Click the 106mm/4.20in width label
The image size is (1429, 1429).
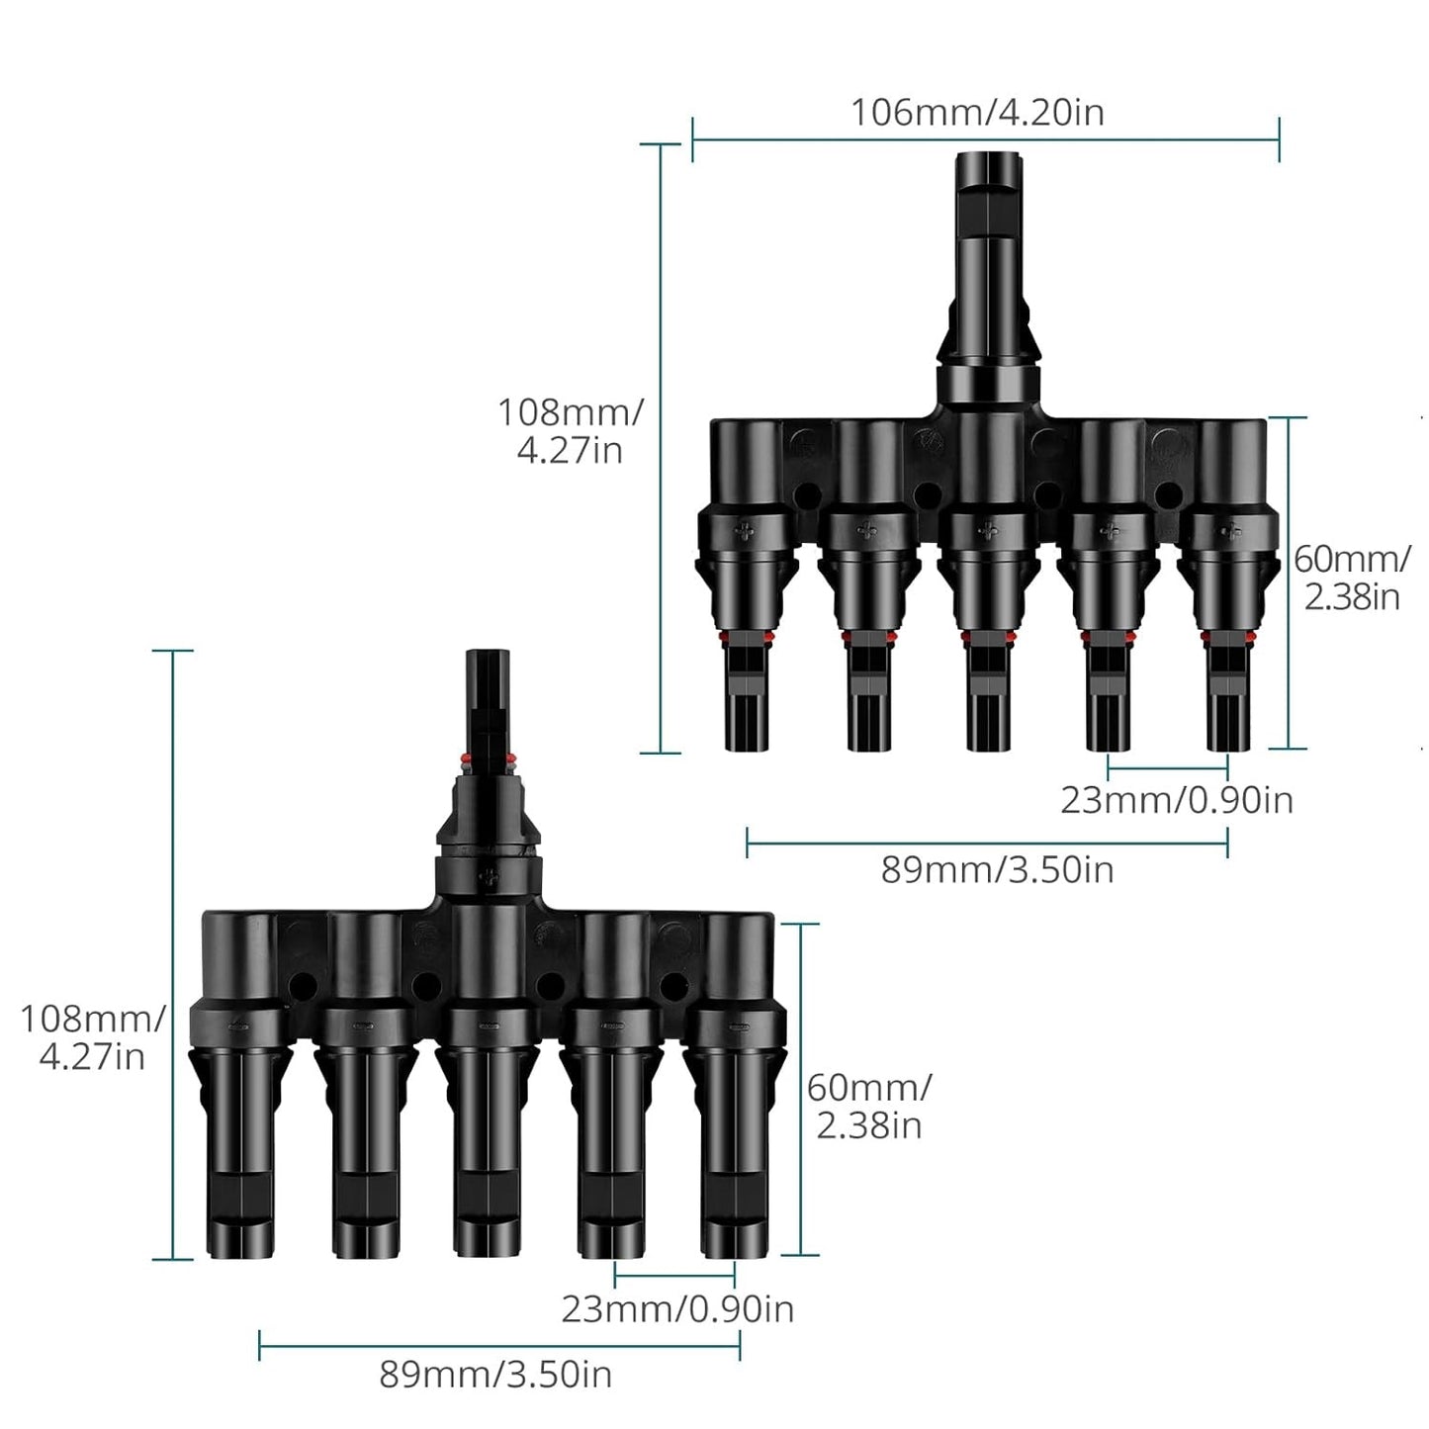[x=977, y=113]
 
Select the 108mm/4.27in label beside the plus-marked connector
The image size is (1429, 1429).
[x=570, y=430]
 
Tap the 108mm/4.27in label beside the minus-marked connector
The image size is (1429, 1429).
[x=92, y=1037]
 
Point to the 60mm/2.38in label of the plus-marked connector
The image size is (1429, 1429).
[x=1352, y=578]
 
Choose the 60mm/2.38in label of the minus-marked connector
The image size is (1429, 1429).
[x=868, y=1106]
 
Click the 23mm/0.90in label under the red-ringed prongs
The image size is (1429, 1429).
[x=1176, y=799]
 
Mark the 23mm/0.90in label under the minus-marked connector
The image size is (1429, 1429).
[x=677, y=1308]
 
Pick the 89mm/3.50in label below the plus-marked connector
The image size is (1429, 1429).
[x=997, y=870]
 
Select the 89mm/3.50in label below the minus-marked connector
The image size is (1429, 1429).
[x=495, y=1375]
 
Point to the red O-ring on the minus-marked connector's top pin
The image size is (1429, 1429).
[x=486, y=759]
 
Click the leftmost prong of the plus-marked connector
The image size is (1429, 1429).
[x=748, y=692]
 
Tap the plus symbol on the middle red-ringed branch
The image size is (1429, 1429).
[x=988, y=532]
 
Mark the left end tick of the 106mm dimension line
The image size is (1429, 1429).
[x=692, y=139]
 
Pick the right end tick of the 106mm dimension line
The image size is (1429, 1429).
[x=1279, y=139]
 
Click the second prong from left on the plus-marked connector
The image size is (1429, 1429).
[x=868, y=692]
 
